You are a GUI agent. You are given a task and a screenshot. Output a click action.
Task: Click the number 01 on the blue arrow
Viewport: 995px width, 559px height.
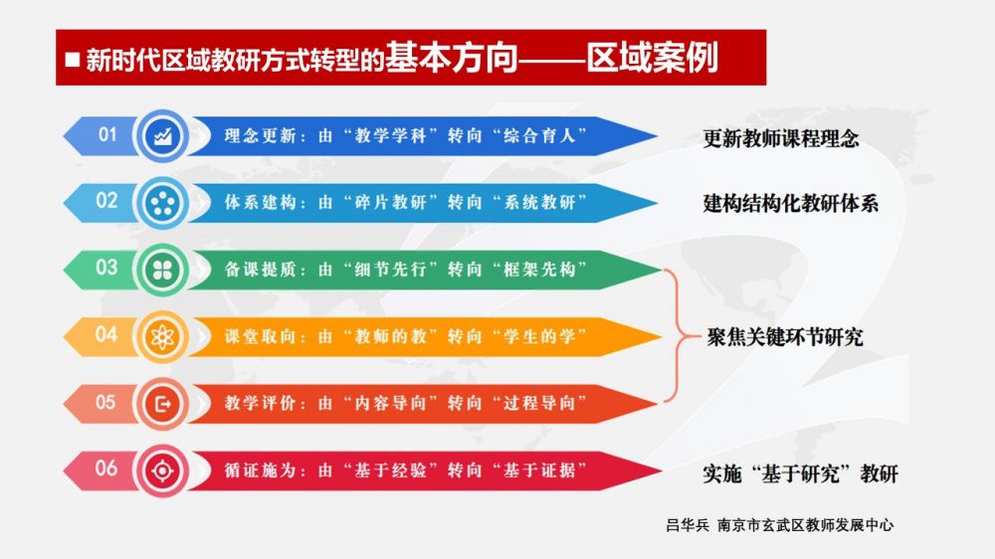[x=107, y=134]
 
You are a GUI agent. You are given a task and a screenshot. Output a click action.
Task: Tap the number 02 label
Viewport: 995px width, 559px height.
[x=106, y=201]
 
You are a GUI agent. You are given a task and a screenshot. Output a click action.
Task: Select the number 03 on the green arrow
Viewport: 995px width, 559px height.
[x=106, y=268]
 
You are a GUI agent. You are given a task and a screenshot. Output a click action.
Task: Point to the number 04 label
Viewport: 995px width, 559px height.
[x=106, y=334]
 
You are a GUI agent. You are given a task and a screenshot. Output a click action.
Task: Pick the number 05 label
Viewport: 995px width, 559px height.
[x=106, y=402]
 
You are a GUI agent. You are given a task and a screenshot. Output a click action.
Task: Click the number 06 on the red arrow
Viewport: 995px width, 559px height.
[x=106, y=468]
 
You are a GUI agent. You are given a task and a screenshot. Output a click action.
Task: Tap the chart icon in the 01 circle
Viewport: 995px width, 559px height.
[x=162, y=136]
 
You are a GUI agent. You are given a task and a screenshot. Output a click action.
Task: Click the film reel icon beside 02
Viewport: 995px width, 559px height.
[x=162, y=203]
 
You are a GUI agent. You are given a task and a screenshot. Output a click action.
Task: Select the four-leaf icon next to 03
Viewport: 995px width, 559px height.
[x=162, y=270]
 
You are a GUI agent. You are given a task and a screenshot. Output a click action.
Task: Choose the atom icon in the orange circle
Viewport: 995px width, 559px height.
[x=162, y=337]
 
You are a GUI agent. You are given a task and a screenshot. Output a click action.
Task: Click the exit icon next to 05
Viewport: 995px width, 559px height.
[x=163, y=404]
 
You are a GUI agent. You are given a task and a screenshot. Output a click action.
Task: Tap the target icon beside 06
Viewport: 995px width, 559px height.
[x=162, y=470]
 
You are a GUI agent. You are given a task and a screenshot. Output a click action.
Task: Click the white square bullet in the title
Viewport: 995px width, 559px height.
[x=73, y=59]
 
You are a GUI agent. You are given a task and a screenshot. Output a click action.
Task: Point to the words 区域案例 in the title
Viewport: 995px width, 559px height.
[x=652, y=58]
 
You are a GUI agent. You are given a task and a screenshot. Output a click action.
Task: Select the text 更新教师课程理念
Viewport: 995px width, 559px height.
[x=780, y=138]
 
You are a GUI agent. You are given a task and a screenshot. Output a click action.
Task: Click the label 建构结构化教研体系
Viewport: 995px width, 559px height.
[x=791, y=204]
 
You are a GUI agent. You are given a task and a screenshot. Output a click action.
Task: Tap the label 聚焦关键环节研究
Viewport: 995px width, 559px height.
[x=785, y=337]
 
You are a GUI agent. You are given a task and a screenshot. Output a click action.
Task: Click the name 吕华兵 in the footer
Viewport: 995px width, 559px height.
[x=688, y=525]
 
